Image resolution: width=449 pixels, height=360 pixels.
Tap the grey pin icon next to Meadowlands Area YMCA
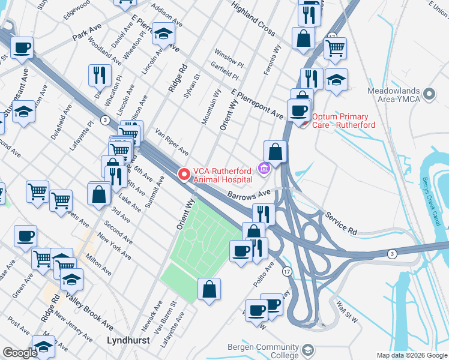(429, 94)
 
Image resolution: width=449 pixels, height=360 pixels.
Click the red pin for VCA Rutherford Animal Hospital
(184, 174)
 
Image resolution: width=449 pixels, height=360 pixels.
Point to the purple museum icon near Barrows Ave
(263, 170)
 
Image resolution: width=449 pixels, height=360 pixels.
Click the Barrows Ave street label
(249, 195)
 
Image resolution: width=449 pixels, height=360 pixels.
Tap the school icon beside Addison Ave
(162, 34)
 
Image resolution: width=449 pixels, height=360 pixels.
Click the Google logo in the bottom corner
(20, 353)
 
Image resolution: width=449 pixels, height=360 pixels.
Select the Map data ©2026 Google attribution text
(412, 355)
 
